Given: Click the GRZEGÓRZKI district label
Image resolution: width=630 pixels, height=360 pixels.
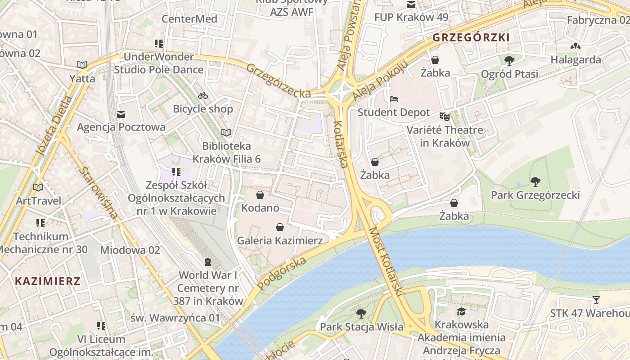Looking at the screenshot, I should [x=471, y=38].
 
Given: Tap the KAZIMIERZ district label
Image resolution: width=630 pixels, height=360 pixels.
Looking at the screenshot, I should [x=48, y=282].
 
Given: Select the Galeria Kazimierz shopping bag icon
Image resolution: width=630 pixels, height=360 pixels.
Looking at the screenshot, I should [x=280, y=227].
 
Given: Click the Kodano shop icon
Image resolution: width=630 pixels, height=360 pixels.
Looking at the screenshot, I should [x=260, y=195].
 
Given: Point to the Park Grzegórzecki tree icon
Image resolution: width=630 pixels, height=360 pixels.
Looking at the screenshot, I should [x=535, y=182].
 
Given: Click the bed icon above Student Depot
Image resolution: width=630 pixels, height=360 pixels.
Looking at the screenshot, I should [x=394, y=99].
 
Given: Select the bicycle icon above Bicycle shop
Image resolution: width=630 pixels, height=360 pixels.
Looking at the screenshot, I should [x=203, y=95].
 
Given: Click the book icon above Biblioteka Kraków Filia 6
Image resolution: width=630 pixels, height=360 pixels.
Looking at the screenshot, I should [x=226, y=132].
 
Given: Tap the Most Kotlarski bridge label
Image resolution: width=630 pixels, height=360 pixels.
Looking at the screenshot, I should [x=385, y=261].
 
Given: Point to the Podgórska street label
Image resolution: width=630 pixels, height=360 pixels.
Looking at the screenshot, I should [x=282, y=273].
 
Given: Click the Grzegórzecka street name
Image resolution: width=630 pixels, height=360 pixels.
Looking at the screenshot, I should [x=279, y=81].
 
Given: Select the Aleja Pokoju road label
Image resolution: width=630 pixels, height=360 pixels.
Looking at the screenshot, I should [x=380, y=80].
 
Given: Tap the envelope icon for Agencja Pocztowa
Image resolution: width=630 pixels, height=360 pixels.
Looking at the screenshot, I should [x=121, y=114].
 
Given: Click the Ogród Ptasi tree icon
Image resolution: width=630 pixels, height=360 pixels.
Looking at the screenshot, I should [x=509, y=60].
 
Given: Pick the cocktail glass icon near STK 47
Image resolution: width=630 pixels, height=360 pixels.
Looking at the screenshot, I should [x=596, y=300].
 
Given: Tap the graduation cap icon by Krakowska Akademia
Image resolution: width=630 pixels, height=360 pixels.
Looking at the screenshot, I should [x=461, y=311].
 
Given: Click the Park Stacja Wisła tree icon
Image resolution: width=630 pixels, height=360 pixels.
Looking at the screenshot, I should [x=361, y=313].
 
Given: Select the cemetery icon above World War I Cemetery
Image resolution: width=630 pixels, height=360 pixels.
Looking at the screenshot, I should [x=208, y=261].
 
